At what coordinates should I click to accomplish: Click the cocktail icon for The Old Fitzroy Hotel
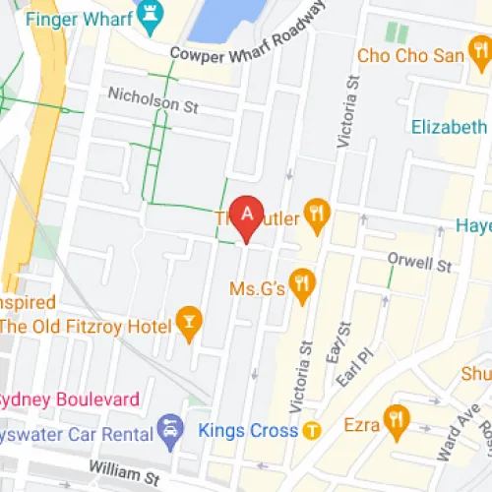187,320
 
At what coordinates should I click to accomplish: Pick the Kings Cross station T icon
312,430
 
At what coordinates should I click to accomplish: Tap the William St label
124,475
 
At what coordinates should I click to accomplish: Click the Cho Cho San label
410,56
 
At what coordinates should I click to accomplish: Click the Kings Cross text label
248,430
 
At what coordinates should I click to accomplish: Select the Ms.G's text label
257,288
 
